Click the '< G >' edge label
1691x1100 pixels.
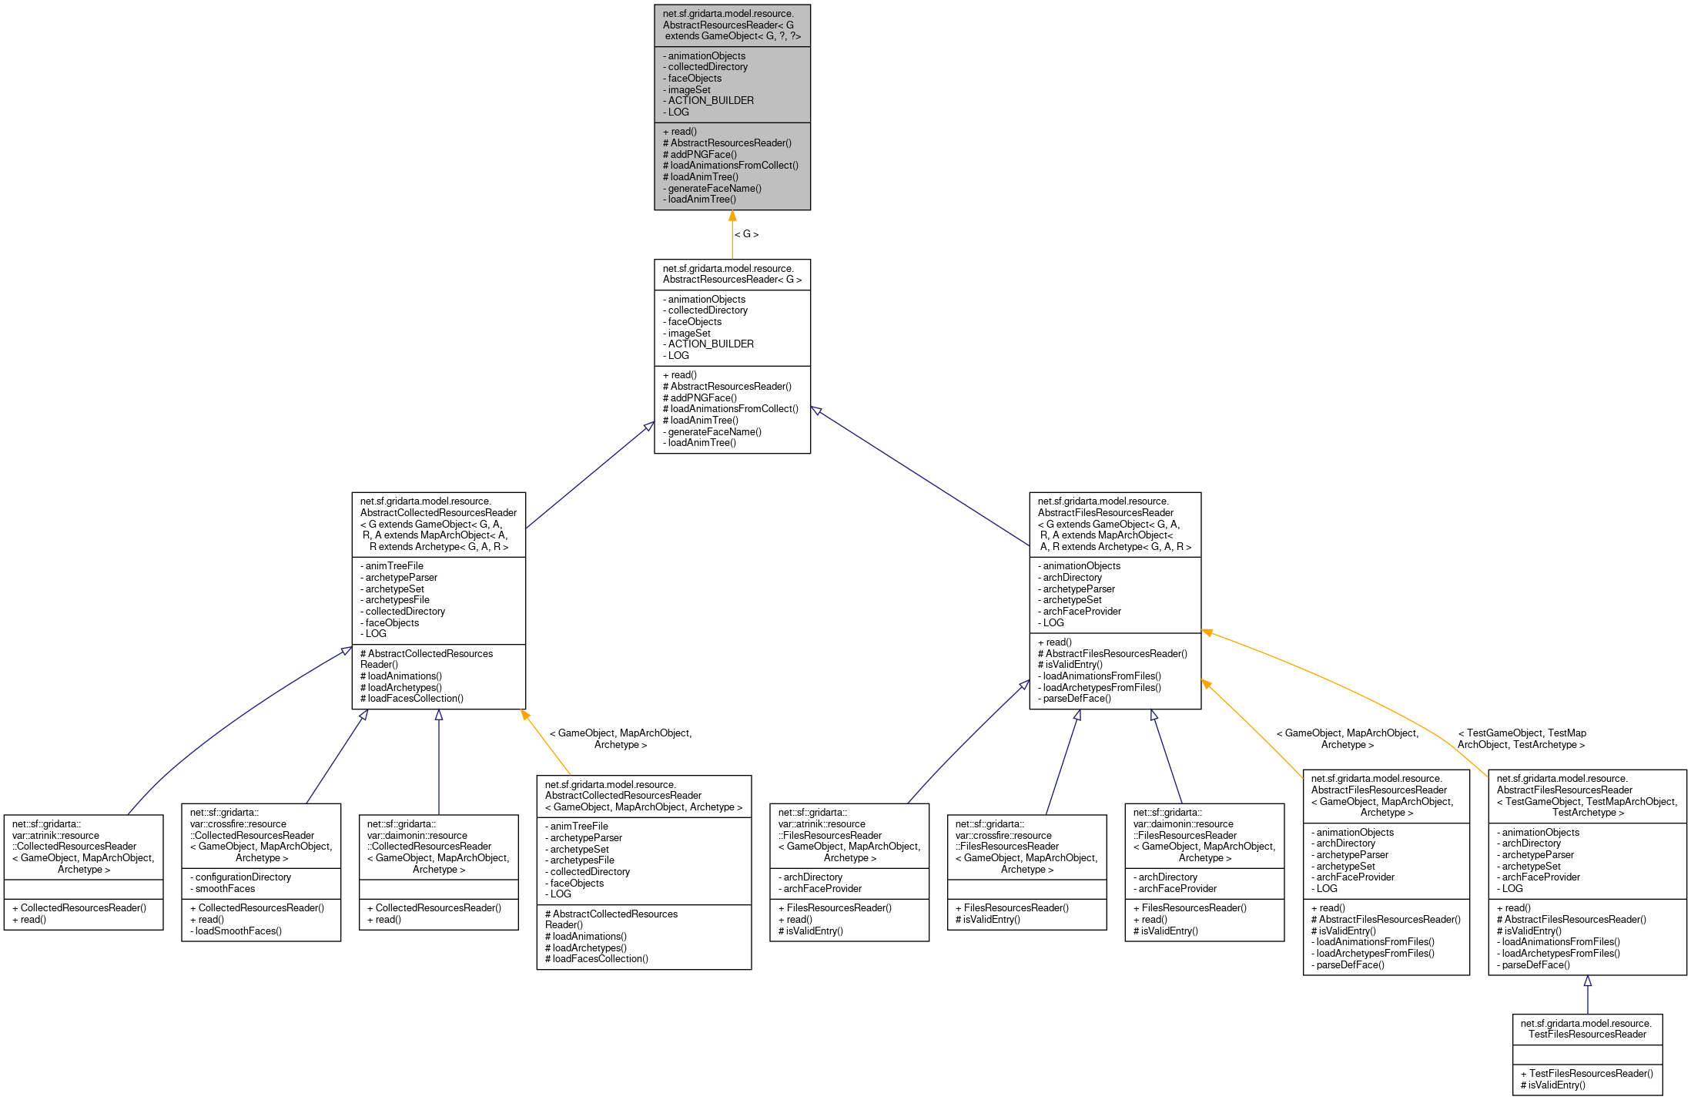coord(746,234)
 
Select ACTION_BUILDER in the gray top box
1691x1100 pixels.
coord(711,101)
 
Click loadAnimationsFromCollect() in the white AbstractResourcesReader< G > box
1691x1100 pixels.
coord(734,409)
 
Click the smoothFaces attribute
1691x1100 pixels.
coord(225,889)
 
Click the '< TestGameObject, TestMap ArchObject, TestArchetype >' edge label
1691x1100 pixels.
coord(1522,739)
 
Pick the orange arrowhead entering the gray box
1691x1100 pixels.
coord(732,216)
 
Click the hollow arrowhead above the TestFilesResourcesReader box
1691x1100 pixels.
coord(1588,981)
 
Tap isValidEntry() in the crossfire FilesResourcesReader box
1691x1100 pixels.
coord(991,920)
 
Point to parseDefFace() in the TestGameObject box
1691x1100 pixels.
coord(1536,965)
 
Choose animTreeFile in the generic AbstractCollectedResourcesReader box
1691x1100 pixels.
coord(394,566)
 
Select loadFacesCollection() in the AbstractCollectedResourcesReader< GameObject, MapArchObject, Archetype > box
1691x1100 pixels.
coord(600,959)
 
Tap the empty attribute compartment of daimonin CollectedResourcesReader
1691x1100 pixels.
coord(438,890)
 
